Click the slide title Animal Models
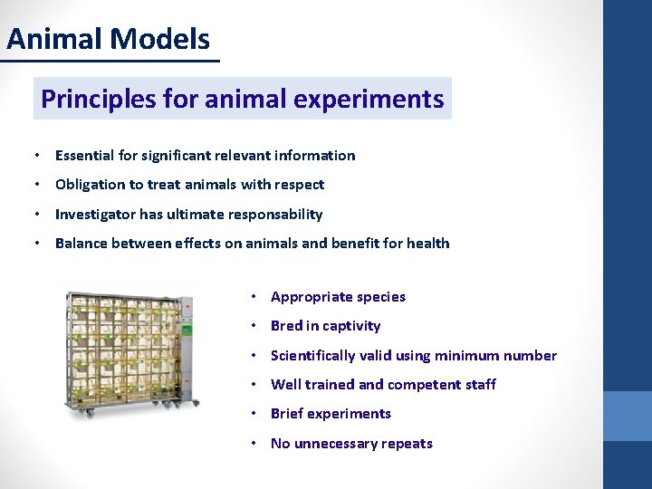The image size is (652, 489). tap(108, 39)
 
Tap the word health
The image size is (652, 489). tap(427, 244)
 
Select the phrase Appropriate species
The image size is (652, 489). tap(338, 297)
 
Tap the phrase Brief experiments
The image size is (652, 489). tap(331, 414)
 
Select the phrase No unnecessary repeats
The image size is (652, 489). tap(351, 444)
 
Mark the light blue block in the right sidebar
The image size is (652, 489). tap(628, 416)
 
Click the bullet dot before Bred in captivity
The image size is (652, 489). tap(257, 326)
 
